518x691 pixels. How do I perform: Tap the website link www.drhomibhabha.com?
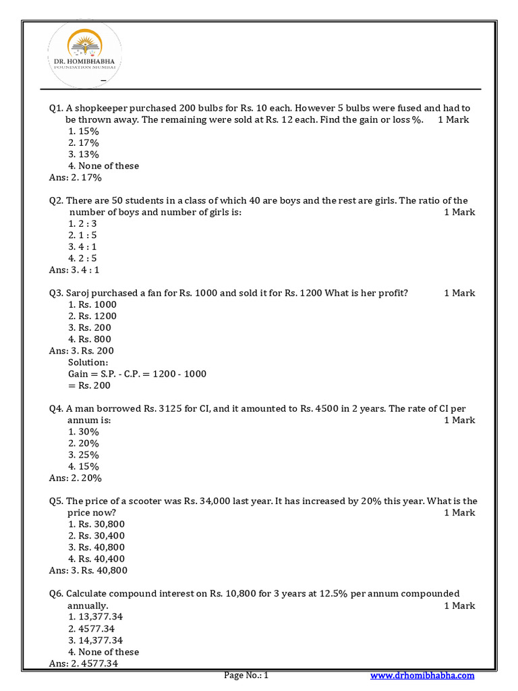pyautogui.click(x=422, y=675)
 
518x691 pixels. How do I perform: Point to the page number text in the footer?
pyautogui.click(x=246, y=675)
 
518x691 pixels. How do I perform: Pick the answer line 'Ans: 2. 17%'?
pyautogui.click(x=75, y=177)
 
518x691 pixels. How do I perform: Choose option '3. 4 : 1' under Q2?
pyautogui.click(x=83, y=247)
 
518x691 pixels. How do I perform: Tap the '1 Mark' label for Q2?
pyautogui.click(x=459, y=213)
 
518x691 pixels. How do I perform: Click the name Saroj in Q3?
pyautogui.click(x=79, y=293)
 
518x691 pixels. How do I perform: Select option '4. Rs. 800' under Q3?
pyautogui.click(x=90, y=339)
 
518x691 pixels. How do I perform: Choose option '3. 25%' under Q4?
pyautogui.click(x=84, y=455)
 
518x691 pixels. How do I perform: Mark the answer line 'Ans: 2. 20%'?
pyautogui.click(x=76, y=478)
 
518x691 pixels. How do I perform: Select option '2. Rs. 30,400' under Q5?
pyautogui.click(x=96, y=536)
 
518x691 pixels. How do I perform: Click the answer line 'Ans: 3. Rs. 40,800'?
pyautogui.click(x=88, y=570)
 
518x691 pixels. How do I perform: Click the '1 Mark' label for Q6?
pyautogui.click(x=459, y=606)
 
